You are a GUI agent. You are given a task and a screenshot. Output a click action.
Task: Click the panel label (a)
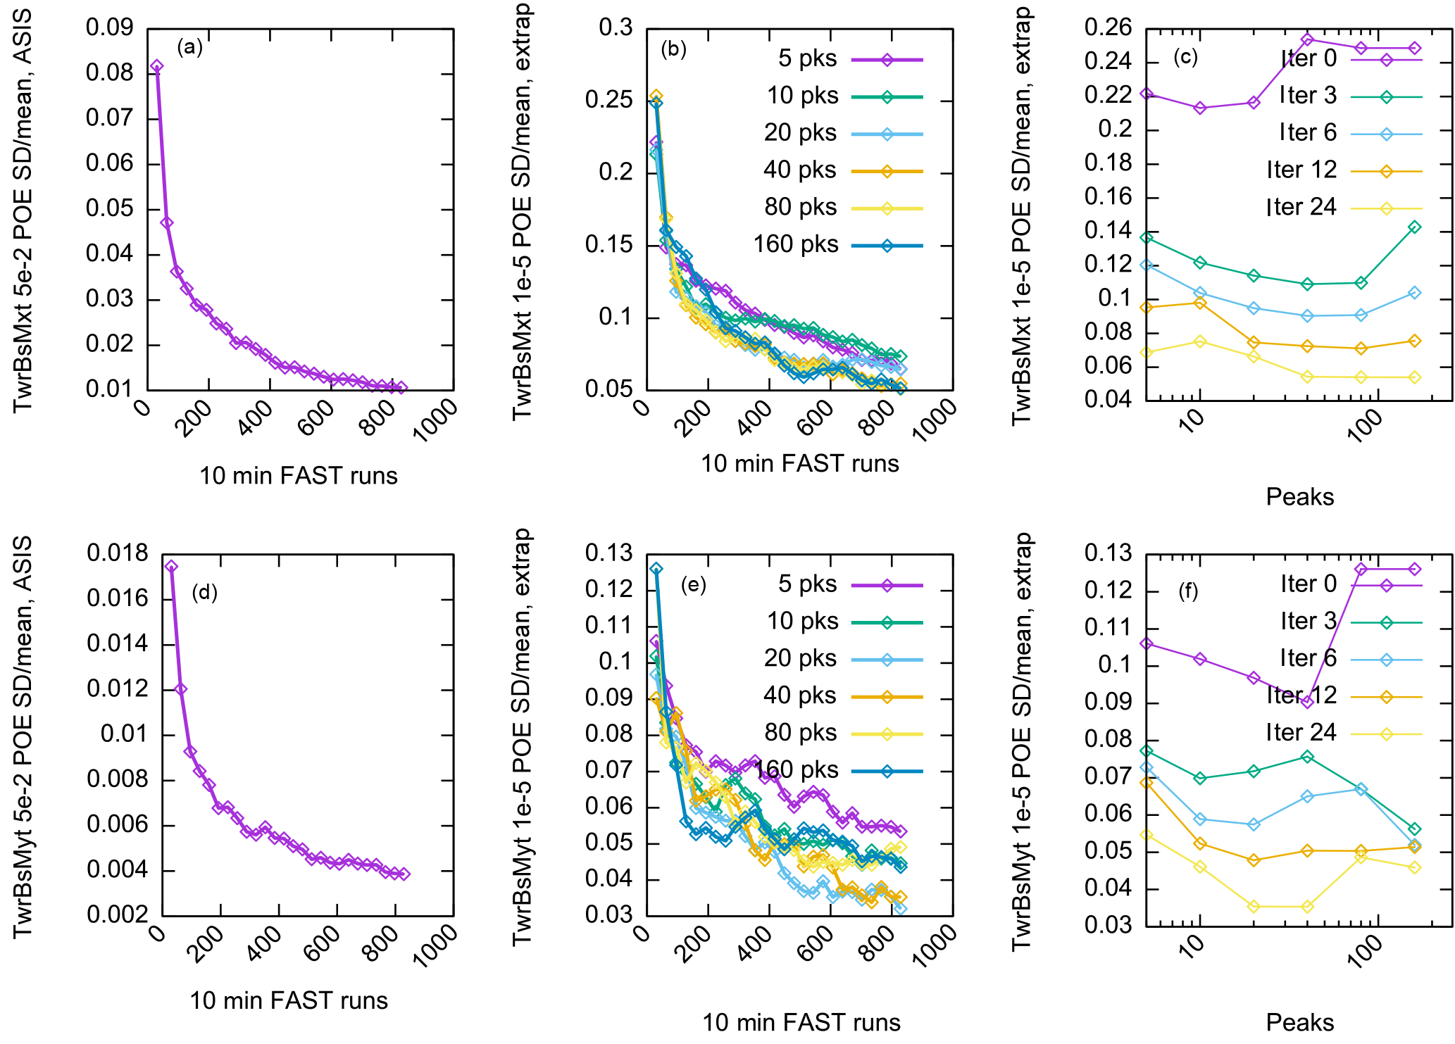[189, 47]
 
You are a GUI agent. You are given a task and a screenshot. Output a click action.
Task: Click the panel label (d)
[204, 593]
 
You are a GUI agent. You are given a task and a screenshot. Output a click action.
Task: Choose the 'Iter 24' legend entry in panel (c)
[1301, 208]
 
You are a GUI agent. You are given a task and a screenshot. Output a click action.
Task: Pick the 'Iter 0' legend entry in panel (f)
[1308, 584]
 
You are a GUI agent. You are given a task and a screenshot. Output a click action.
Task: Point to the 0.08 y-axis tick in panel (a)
[109, 73]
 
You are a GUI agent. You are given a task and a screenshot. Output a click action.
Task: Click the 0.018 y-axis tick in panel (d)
[118, 553]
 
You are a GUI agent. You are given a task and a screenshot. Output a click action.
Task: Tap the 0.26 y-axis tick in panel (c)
[1108, 28]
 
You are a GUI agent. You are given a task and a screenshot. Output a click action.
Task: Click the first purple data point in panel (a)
[157, 67]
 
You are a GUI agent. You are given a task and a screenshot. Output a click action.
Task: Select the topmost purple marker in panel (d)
[170, 567]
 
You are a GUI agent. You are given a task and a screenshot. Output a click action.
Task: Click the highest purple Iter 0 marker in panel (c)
[1307, 40]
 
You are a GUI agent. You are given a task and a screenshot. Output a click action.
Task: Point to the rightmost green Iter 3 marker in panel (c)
[1414, 227]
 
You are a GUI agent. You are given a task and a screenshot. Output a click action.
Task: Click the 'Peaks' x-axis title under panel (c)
[1299, 497]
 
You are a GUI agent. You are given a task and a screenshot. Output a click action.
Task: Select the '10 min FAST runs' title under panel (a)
[299, 476]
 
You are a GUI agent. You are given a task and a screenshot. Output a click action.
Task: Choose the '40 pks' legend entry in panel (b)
[799, 170]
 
